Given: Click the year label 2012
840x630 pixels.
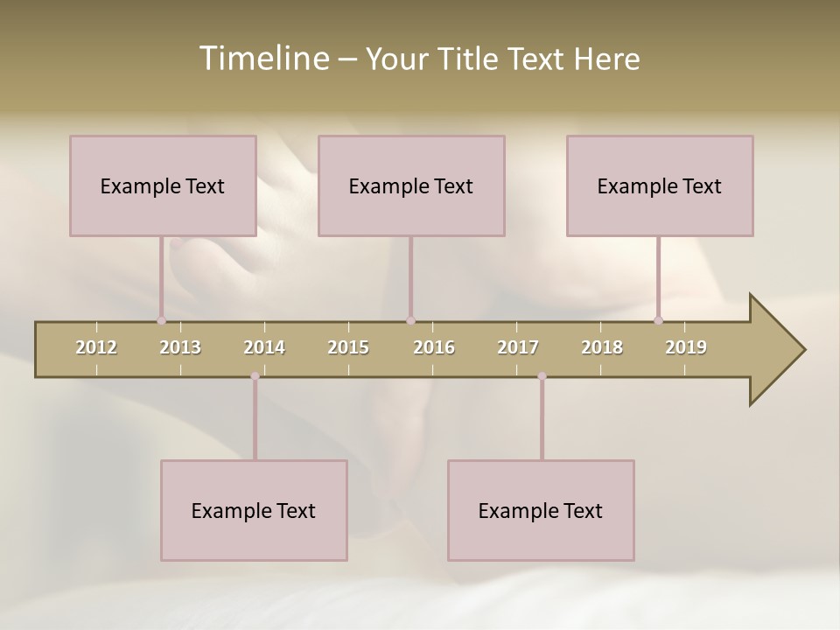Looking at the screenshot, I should pyautogui.click(x=96, y=347).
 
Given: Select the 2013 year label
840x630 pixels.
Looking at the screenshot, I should pyautogui.click(x=180, y=347).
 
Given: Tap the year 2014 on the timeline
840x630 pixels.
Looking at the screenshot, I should pyautogui.click(x=264, y=347).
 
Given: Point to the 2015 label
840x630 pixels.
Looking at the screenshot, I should pyautogui.click(x=348, y=347).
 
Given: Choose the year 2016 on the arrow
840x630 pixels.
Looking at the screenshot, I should pyautogui.click(x=434, y=347).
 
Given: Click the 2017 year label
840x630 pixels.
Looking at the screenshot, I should pyautogui.click(x=518, y=347).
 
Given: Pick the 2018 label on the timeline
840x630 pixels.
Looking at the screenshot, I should pyautogui.click(x=602, y=347).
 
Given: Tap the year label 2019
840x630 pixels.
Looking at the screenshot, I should pyautogui.click(x=686, y=347).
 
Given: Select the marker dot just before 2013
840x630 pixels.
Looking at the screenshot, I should pyautogui.click(x=161, y=320).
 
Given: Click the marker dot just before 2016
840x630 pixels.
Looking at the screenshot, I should pyautogui.click(x=410, y=320).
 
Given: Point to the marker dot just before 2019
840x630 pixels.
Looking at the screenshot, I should pyautogui.click(x=658, y=320).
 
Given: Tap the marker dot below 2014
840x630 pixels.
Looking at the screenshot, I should pyautogui.click(x=255, y=376).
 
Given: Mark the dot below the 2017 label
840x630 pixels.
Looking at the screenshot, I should pyautogui.click(x=542, y=376).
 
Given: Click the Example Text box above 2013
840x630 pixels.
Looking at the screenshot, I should pyautogui.click(x=163, y=185).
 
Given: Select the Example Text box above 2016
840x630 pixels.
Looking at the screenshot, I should pyautogui.click(x=411, y=185).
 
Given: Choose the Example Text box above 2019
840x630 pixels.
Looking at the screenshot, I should pyautogui.click(x=660, y=185).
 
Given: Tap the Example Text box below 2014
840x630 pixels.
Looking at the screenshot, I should pyautogui.click(x=254, y=510).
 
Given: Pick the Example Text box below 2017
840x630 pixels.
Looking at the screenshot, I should pyautogui.click(x=541, y=510).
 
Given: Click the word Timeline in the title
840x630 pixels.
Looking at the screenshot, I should pyautogui.click(x=262, y=59).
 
